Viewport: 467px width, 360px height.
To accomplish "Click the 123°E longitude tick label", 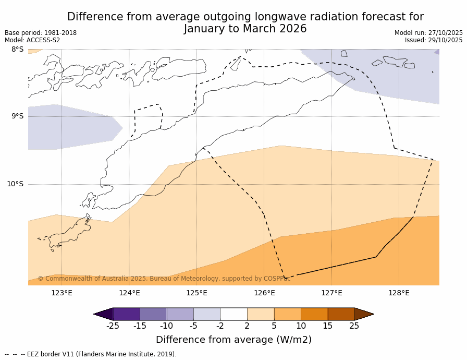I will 62,293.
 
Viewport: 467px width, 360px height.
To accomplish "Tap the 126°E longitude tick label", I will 264,293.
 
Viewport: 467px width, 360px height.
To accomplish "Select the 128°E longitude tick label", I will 399,293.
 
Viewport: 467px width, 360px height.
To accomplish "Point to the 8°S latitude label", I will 17,50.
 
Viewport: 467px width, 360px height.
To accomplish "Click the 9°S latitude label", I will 17,116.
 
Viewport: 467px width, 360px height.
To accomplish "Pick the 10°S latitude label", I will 15,184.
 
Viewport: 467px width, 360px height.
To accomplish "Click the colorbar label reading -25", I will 113,326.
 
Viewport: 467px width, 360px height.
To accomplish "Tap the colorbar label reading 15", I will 327,326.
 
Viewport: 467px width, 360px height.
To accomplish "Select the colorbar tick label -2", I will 220,326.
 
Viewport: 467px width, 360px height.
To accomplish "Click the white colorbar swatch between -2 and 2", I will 233,314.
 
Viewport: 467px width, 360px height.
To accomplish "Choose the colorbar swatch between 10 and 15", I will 314,314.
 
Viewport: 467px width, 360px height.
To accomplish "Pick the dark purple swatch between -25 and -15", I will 126,314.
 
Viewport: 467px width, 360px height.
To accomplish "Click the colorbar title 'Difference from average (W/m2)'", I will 233,340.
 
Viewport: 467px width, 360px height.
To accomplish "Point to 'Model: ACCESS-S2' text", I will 32,40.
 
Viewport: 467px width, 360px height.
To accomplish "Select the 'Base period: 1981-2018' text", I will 41,33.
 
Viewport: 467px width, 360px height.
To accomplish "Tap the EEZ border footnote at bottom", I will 91,354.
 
